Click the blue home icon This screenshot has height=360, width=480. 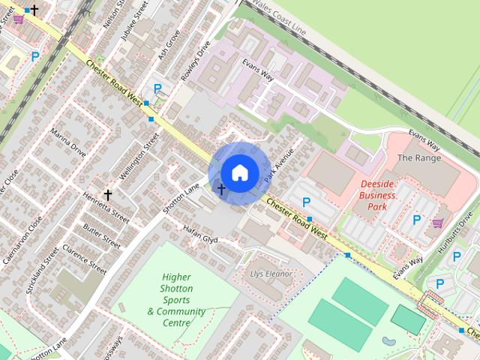point(239,172)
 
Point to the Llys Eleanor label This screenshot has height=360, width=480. point(270,274)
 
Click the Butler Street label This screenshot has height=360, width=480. point(101,236)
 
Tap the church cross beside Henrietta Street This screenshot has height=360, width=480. point(108,195)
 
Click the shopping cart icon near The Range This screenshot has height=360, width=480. point(438,222)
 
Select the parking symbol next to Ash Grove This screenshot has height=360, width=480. point(157,88)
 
